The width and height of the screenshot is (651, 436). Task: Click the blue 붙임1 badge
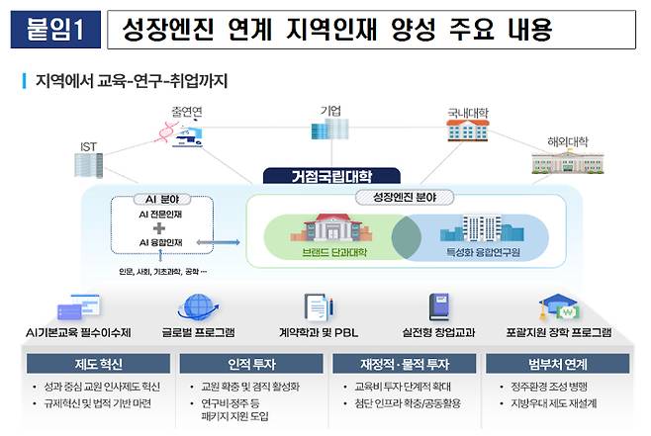55,31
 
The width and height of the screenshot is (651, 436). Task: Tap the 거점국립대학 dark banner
318,177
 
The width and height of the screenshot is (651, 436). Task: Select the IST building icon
90,166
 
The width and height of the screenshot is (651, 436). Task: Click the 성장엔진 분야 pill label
404,197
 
